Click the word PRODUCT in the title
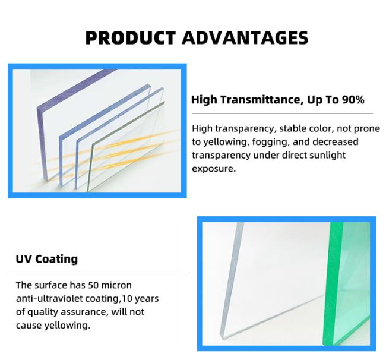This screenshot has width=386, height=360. (x=130, y=38)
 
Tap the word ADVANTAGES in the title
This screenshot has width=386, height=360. (x=245, y=38)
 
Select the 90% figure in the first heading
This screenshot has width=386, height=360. (x=353, y=100)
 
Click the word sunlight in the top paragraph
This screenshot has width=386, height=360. (x=326, y=155)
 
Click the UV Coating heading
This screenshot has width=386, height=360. (x=46, y=259)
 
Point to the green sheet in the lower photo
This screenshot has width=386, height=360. (x=347, y=285)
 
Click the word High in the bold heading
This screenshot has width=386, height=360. (x=204, y=100)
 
